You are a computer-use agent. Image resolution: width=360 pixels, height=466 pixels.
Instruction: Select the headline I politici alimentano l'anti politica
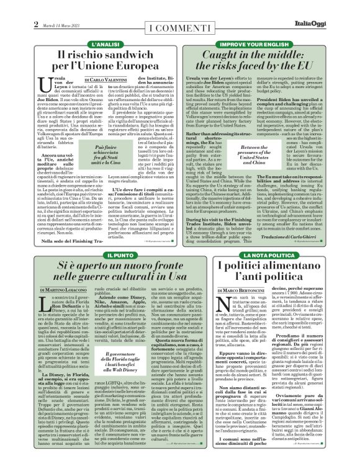point(268,274)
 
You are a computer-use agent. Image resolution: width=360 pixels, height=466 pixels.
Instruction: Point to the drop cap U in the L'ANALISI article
point(43,86)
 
